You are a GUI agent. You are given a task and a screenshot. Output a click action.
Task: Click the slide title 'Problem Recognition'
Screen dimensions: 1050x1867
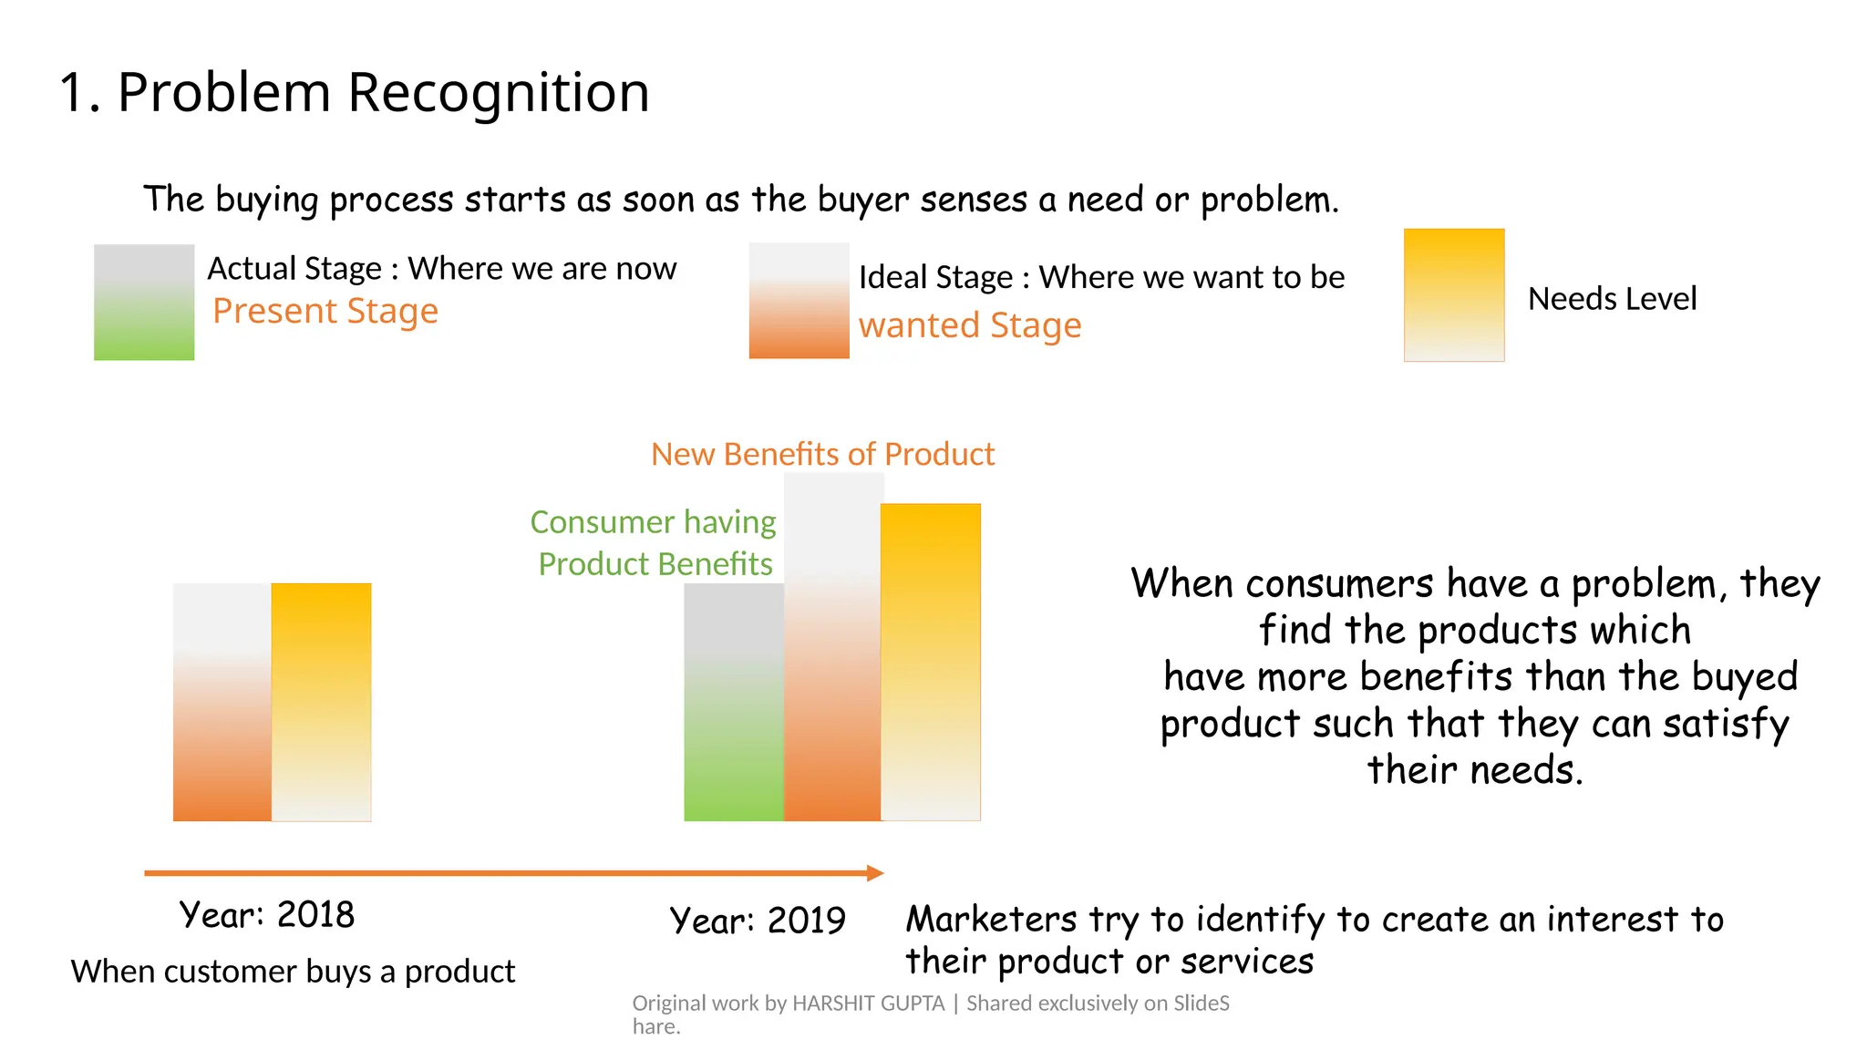point(383,93)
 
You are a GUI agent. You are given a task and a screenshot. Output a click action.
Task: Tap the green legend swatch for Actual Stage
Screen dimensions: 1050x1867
point(144,303)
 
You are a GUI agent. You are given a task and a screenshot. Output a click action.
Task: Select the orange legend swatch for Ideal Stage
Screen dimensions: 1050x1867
point(799,301)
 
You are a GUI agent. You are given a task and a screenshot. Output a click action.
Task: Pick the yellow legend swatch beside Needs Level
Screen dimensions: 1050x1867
point(1453,294)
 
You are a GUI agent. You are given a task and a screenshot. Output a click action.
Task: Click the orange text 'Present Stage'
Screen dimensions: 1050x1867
point(325,312)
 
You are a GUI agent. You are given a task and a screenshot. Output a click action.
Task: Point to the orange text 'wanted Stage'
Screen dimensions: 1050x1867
point(970,325)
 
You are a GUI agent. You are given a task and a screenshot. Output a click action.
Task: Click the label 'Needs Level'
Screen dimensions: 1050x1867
point(1612,299)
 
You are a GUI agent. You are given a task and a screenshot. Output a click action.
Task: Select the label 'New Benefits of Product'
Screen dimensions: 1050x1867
point(822,454)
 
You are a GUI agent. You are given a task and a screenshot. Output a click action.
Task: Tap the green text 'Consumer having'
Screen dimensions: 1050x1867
point(653,522)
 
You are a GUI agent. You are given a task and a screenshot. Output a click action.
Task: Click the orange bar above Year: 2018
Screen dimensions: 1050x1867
point(222,702)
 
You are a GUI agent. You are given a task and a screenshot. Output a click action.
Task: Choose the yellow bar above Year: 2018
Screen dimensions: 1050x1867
point(321,702)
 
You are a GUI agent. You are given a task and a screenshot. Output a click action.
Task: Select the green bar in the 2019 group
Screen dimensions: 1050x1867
point(734,702)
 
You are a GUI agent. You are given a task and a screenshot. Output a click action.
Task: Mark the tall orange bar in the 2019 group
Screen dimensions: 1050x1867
point(832,647)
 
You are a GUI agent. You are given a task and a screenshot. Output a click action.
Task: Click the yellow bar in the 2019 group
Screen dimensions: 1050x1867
point(931,662)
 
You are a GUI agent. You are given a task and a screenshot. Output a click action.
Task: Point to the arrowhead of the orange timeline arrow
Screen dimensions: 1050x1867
point(875,873)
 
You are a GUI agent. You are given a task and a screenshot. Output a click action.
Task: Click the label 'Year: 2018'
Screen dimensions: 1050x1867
point(266,915)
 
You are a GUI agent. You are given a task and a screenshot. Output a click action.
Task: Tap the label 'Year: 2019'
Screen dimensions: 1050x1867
point(758,921)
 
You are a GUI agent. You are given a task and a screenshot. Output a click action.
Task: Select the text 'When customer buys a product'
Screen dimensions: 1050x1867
point(293,972)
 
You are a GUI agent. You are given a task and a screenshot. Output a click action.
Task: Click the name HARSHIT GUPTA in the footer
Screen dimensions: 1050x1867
point(868,1004)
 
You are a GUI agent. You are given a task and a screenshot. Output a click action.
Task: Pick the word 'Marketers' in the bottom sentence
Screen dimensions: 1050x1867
point(991,920)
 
